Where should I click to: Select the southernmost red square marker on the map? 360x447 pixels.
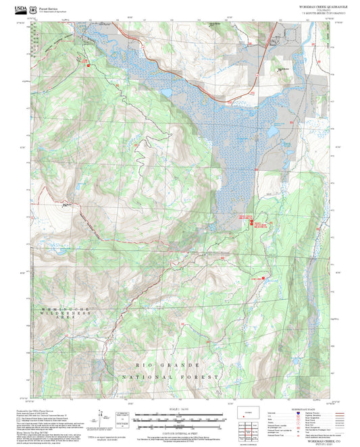(x=264, y=277)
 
